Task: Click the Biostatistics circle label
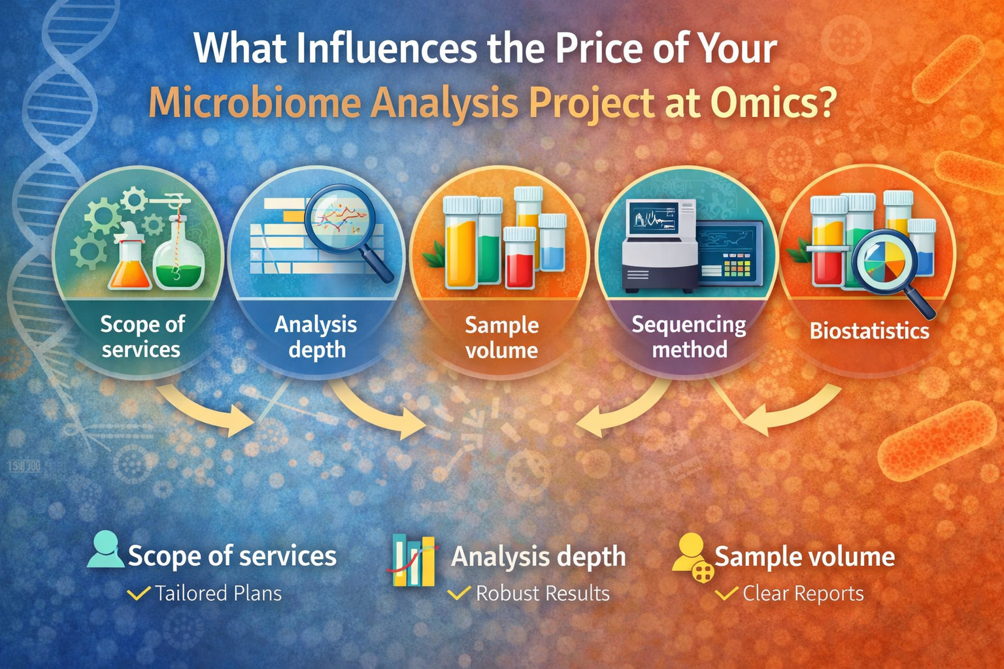click(x=869, y=331)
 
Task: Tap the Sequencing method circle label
click(x=689, y=336)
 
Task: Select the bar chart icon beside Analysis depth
click(x=414, y=561)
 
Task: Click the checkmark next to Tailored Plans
click(x=139, y=593)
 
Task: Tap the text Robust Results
click(x=543, y=593)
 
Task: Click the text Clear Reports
click(x=803, y=593)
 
